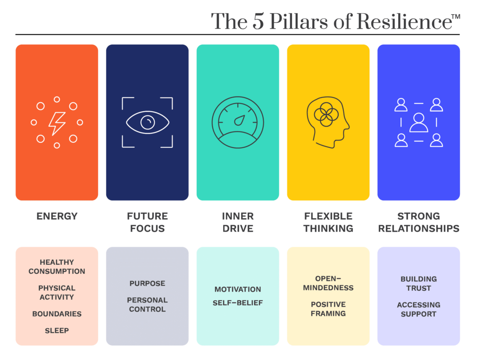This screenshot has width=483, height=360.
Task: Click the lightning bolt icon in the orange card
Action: tap(57, 123)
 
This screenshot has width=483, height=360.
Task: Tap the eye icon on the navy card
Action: tap(147, 123)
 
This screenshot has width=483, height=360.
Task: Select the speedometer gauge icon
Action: tap(238, 123)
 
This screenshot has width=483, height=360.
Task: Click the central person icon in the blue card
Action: tap(419, 123)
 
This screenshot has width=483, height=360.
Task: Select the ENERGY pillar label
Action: tap(57, 216)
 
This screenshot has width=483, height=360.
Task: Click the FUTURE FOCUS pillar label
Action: tap(147, 222)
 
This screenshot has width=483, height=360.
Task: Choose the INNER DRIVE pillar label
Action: tap(238, 222)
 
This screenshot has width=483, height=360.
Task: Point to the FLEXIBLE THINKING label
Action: tap(328, 222)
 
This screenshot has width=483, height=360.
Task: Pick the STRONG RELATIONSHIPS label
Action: tap(419, 222)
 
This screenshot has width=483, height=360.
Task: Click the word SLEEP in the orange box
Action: tap(57, 331)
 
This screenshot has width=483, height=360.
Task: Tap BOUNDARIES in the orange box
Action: tap(57, 314)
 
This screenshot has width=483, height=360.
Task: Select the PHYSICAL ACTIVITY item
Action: tap(57, 293)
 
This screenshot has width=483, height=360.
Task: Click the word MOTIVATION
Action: tap(238, 289)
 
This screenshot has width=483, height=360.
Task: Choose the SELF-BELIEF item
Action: tap(238, 303)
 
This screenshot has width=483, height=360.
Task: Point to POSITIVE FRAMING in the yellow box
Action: tap(328, 309)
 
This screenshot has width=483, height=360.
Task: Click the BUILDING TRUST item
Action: tap(419, 284)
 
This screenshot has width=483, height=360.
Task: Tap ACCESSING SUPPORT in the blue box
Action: tap(419, 310)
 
